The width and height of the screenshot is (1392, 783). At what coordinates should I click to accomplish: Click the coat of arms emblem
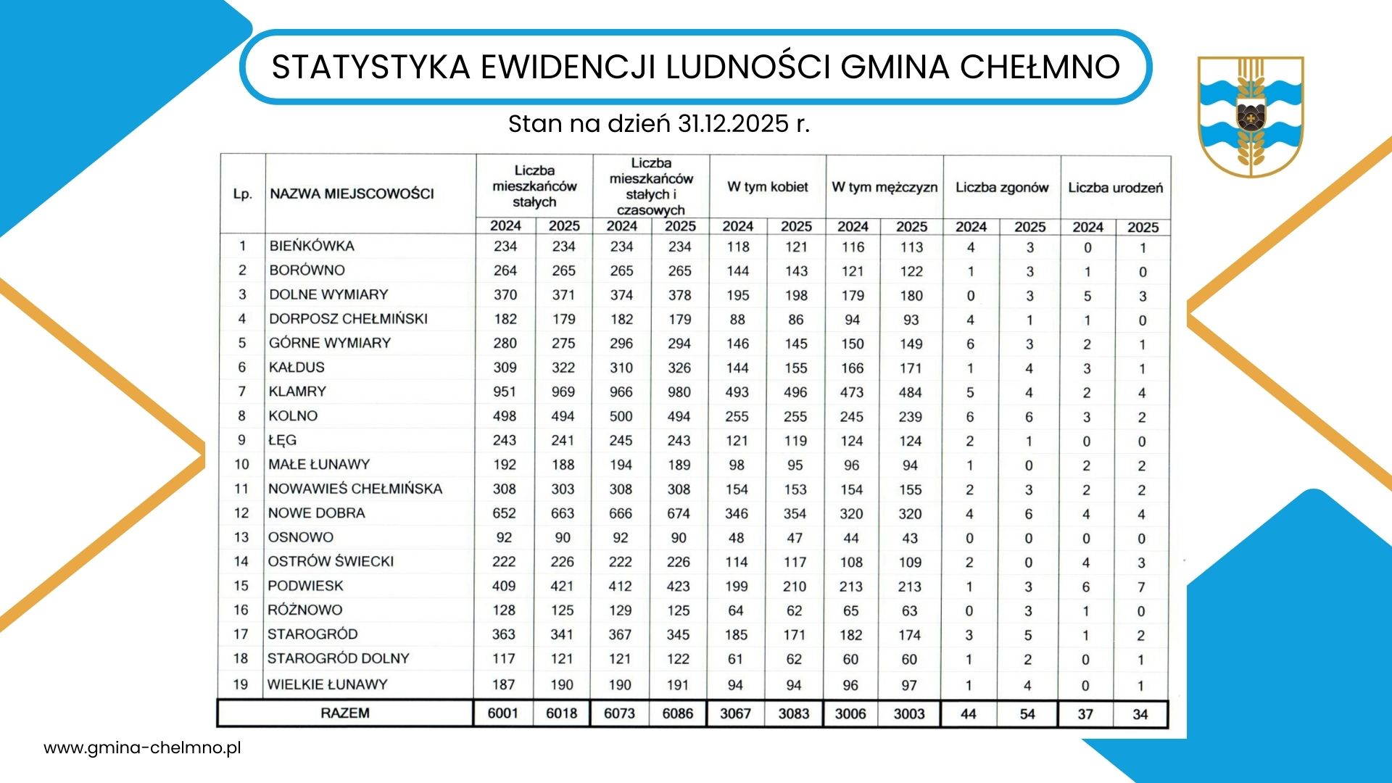tap(1250, 116)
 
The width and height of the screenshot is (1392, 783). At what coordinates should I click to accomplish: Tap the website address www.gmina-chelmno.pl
tap(142, 748)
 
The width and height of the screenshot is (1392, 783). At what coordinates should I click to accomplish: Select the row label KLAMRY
tap(297, 391)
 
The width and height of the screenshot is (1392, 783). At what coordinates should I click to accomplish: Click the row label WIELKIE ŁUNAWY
tap(327, 684)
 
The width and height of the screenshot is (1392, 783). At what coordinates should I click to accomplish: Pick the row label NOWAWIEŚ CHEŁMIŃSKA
tap(355, 489)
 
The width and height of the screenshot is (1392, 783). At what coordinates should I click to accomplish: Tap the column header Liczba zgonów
tap(1002, 188)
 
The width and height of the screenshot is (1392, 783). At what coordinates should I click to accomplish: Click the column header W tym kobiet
tap(768, 187)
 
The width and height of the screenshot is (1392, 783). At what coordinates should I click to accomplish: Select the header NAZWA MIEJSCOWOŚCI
tap(352, 194)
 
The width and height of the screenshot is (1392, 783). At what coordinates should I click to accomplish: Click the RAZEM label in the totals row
tap(345, 713)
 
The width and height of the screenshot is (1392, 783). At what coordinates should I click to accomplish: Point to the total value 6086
tap(678, 714)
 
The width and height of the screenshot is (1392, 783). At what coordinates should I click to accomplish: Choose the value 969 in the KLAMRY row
tap(563, 392)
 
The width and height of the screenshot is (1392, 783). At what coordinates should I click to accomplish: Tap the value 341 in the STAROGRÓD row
tap(562, 635)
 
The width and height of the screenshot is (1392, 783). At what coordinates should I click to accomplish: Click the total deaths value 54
tap(1027, 714)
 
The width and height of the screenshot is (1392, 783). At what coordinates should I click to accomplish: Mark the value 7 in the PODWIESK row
tap(1141, 587)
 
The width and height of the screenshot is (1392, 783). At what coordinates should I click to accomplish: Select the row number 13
tap(241, 537)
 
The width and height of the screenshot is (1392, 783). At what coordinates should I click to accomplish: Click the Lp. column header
tap(243, 194)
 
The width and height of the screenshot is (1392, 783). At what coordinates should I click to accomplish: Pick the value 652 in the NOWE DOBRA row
tap(505, 513)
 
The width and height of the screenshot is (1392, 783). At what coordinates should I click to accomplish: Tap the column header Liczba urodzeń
tap(1115, 188)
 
